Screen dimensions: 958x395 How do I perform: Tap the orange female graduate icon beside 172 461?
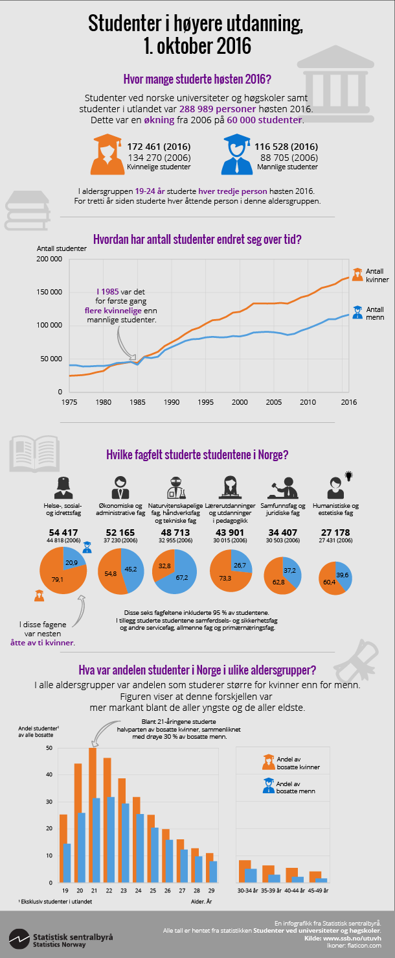[x=107, y=154]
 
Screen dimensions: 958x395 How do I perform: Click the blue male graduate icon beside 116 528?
[x=238, y=154]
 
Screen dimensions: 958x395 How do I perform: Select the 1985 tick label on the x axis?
[x=137, y=402]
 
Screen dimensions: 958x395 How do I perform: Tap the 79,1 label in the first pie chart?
[x=57, y=580]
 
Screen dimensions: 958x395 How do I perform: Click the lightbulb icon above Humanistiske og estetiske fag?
[x=349, y=475]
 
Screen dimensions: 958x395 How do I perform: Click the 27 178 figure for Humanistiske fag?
[x=335, y=533]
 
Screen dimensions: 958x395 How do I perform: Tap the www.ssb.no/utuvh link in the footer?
[x=359, y=938]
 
